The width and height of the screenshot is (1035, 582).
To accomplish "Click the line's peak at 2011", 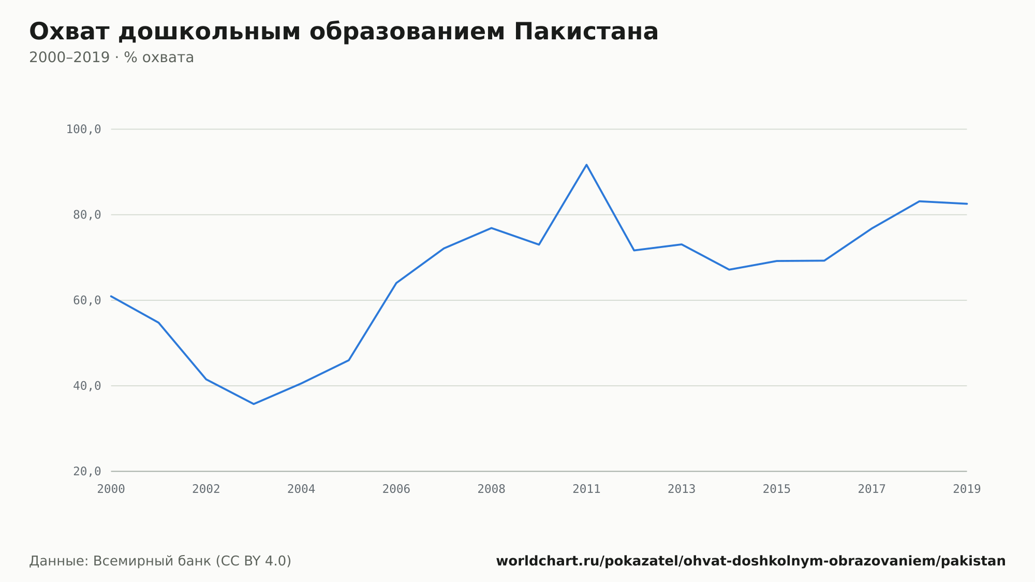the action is (x=586, y=165).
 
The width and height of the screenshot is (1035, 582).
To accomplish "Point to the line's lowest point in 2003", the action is (x=254, y=404).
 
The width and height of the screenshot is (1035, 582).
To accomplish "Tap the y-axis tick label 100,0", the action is (x=83, y=129).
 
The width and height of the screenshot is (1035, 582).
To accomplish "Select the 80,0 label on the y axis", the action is (x=87, y=215).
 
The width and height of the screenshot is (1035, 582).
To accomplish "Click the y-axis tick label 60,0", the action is (x=87, y=300).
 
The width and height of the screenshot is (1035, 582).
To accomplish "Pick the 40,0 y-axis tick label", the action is (x=87, y=386).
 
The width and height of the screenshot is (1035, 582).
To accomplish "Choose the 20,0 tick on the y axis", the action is (x=87, y=471).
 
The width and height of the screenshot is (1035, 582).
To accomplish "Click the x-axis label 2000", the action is (x=111, y=489).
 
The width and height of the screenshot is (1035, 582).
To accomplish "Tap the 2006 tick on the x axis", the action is (x=396, y=489).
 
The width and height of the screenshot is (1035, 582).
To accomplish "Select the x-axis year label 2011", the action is (x=586, y=489).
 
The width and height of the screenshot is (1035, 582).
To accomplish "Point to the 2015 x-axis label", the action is (x=777, y=489).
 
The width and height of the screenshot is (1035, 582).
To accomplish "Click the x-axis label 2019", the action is (x=967, y=489).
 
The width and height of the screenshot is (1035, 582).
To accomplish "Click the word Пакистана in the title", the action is (x=586, y=32).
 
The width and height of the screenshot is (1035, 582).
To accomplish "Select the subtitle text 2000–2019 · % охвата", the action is (x=111, y=57).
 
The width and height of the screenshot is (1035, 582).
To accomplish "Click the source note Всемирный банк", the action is (x=152, y=561).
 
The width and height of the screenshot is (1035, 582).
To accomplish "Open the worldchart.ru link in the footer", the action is (x=751, y=561).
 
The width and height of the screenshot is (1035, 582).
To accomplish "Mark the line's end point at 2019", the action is (x=967, y=203).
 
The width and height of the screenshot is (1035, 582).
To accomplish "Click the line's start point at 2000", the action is (x=111, y=296).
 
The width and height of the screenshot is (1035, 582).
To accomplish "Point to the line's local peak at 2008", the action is (x=491, y=228).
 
